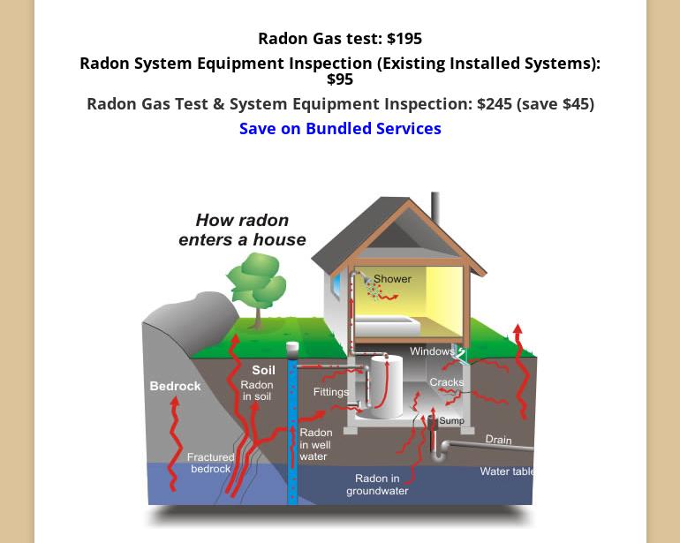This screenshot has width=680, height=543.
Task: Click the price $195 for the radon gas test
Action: pos(404,39)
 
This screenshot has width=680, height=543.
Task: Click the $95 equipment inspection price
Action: pos(340,79)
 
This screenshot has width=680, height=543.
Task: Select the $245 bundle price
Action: pos(494,104)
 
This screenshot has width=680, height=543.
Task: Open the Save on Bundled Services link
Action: pos(340,129)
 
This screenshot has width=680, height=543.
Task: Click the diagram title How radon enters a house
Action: pos(242,230)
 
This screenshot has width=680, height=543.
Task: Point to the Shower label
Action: pos(392,279)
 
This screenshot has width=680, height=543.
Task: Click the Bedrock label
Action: pos(175,386)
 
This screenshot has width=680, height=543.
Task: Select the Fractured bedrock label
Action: pos(211,463)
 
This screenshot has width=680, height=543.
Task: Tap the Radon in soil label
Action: pos(256,391)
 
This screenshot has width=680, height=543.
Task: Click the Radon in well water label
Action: pos(315,445)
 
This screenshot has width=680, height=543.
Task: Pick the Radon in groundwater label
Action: pos(377,485)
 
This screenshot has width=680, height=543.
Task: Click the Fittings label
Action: pos(330,392)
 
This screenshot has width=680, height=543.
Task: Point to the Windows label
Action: pos(432,352)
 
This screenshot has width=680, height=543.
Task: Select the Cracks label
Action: pos(446,382)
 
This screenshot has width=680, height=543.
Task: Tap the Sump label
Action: pos(451,421)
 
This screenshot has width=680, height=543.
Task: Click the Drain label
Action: pos(498,440)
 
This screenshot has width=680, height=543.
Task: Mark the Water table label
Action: pos(507,471)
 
